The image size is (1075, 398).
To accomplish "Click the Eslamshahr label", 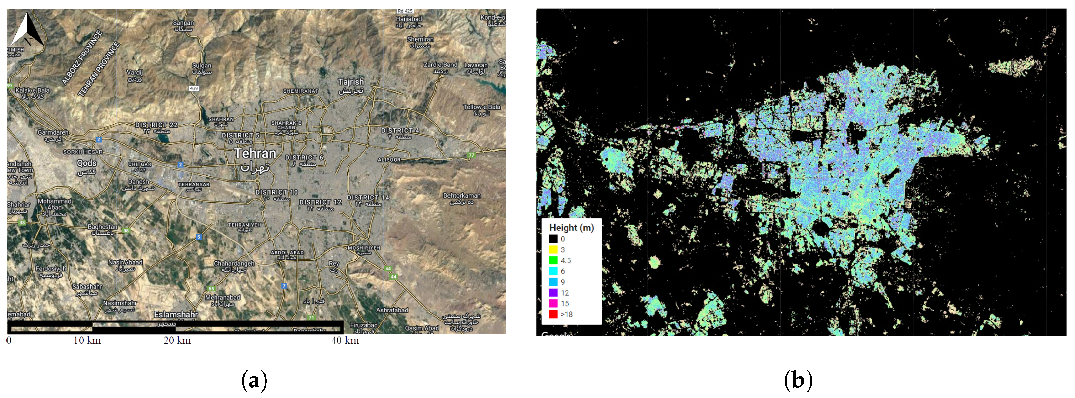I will click(176, 314).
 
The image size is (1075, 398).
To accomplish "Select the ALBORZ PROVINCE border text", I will click(82, 57).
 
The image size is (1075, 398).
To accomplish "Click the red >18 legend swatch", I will click(553, 314).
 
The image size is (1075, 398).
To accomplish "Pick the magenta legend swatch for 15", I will click(553, 303).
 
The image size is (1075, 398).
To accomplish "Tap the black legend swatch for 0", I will click(553, 239).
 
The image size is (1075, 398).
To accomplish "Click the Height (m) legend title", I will click(571, 228).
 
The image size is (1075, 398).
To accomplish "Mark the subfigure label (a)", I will click(254, 381).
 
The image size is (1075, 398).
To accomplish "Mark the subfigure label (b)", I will click(798, 381).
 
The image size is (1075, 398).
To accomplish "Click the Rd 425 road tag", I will click(405, 11).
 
